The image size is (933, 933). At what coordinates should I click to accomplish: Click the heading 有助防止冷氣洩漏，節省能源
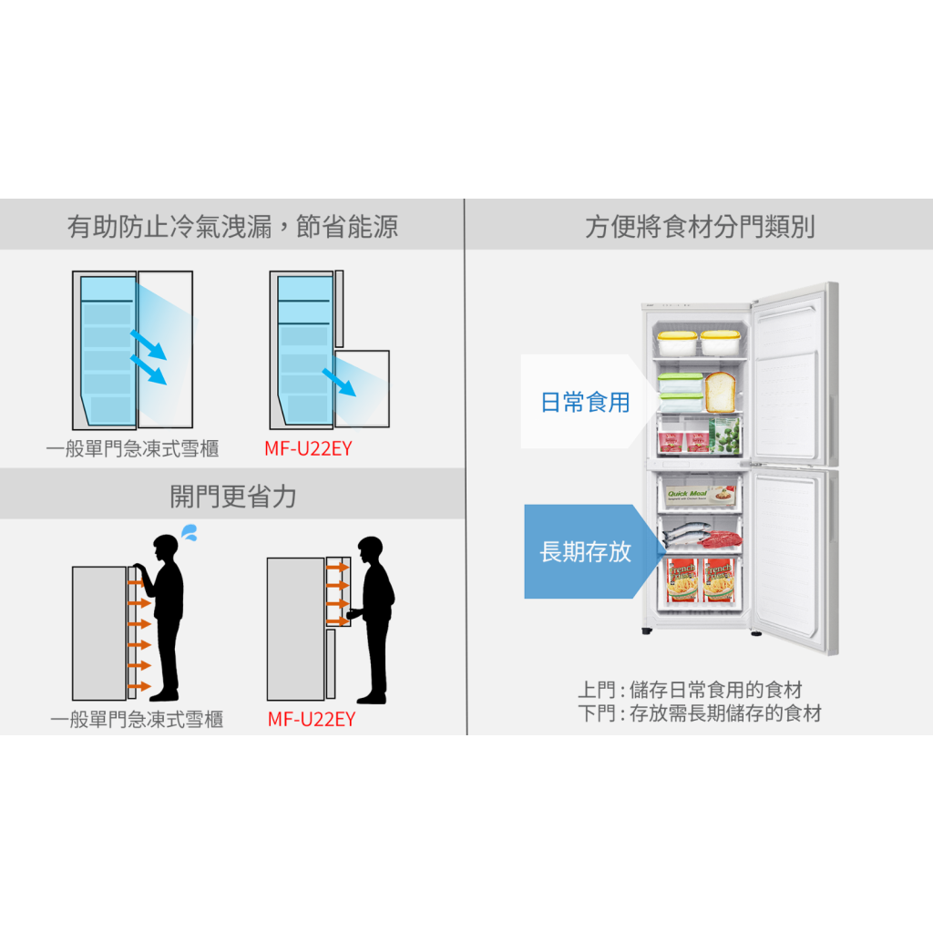[232, 226]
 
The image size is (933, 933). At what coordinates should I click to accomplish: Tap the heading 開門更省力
[232, 497]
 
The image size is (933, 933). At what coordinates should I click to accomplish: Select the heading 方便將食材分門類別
[699, 226]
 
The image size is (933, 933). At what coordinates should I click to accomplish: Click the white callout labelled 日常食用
[583, 402]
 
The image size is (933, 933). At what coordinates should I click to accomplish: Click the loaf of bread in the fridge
[720, 391]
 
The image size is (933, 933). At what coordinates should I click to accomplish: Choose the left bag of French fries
[681, 580]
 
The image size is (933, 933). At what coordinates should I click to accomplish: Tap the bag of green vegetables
[725, 436]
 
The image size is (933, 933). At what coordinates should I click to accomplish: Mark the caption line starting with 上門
[690, 691]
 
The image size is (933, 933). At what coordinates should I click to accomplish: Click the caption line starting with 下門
[699, 713]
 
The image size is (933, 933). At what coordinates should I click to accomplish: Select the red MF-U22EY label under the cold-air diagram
[308, 448]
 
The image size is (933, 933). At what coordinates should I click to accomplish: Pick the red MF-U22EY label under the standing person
[312, 719]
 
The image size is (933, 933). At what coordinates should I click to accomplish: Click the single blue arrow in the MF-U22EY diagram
[339, 383]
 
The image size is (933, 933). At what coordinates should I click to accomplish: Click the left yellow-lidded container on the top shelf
[677, 343]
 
